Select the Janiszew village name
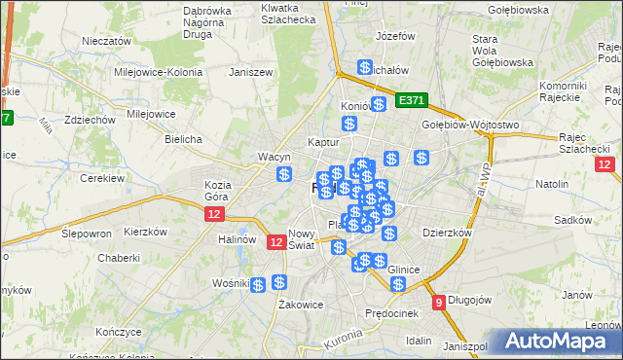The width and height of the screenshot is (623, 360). click(x=247, y=72)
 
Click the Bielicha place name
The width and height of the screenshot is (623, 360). click(x=183, y=139)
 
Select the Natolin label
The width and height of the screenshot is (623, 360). click(x=551, y=183)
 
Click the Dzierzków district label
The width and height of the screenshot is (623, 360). click(x=447, y=234)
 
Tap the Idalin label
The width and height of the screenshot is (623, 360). click(x=420, y=341)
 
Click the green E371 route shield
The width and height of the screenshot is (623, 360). click(x=412, y=100)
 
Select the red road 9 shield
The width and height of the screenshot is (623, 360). click(x=439, y=302)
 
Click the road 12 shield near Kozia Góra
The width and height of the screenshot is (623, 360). click(x=215, y=214)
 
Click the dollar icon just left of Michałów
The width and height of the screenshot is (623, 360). click(x=364, y=68)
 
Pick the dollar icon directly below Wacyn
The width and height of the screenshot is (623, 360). click(x=283, y=175)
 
